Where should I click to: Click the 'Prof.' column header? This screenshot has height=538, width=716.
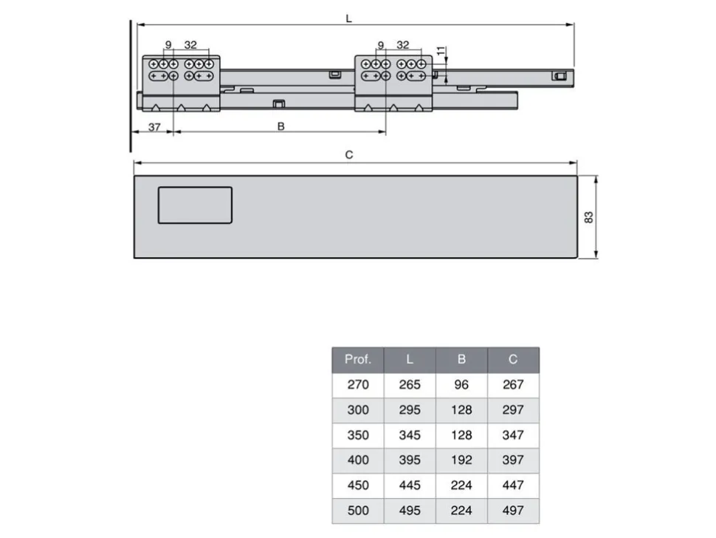(x=358, y=360)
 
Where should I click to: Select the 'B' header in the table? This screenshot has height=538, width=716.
(x=461, y=360)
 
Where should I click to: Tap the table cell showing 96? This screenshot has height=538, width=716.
(x=461, y=385)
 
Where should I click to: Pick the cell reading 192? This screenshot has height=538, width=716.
(x=461, y=460)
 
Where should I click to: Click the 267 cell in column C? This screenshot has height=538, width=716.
(x=513, y=385)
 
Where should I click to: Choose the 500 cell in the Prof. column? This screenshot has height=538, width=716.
(x=358, y=511)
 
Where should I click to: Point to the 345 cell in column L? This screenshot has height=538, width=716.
(x=410, y=435)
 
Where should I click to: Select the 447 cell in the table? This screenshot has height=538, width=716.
(x=513, y=486)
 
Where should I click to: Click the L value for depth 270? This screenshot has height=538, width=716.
(x=410, y=385)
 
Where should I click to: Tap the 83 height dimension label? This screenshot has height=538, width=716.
(x=588, y=217)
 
